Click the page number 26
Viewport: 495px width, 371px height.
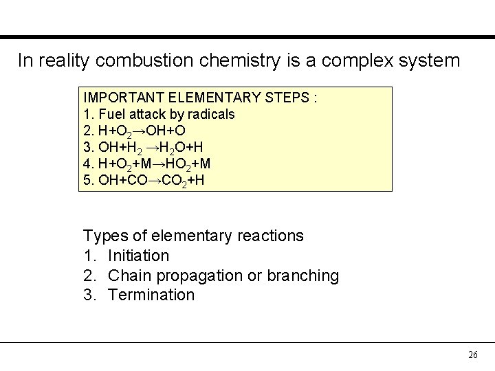[x=472, y=355]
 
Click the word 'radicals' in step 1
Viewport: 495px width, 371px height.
[x=210, y=114]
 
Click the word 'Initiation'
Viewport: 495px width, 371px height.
[x=138, y=256]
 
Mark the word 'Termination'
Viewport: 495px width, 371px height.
[x=151, y=295]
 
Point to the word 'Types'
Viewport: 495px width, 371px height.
[x=104, y=236]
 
